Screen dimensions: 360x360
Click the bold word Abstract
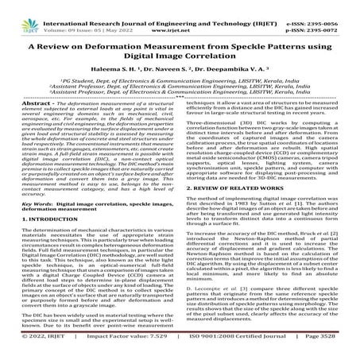point(33,123)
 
